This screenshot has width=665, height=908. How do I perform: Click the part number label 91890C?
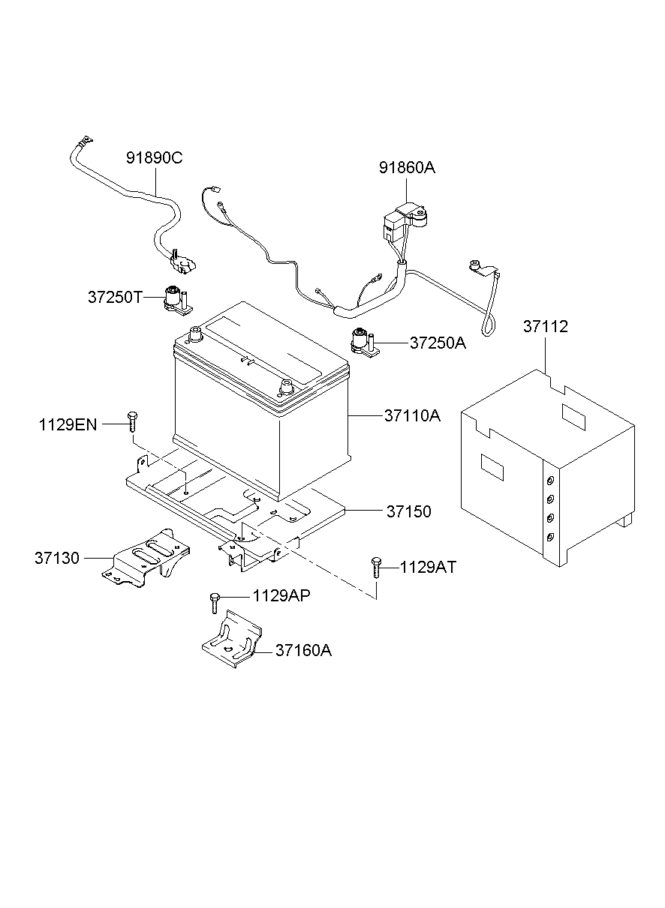click(x=155, y=158)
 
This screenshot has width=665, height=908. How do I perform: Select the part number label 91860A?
click(x=406, y=168)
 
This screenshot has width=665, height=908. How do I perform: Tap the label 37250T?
click(x=114, y=297)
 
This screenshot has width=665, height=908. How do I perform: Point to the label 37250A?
click(x=438, y=343)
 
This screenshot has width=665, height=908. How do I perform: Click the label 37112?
click(x=546, y=327)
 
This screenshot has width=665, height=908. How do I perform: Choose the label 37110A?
click(x=412, y=415)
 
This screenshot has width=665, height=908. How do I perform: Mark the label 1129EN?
click(x=68, y=424)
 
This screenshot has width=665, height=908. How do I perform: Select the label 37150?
click(x=409, y=511)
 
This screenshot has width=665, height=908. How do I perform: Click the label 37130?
click(x=56, y=558)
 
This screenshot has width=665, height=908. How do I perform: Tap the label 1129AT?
click(x=428, y=568)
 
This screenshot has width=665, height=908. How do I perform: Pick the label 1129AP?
click(x=281, y=596)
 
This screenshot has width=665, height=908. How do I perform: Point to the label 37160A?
click(x=303, y=650)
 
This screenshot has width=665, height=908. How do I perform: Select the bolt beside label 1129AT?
click(x=375, y=568)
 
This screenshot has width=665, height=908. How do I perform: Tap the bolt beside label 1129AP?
click(x=215, y=601)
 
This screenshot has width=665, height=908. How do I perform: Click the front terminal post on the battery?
click(x=285, y=388)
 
